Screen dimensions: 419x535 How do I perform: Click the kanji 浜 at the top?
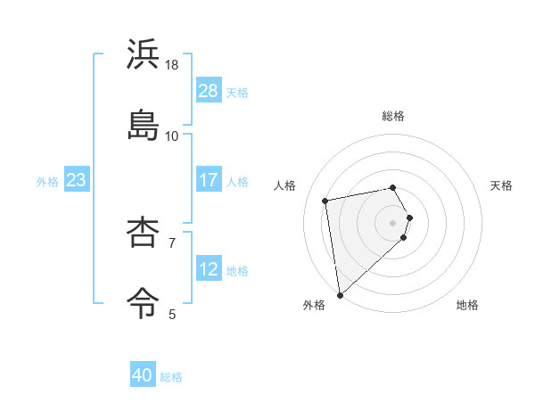coord(144,55)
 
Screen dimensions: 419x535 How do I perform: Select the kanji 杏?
coord(144,234)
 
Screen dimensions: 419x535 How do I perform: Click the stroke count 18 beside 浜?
coord(172,66)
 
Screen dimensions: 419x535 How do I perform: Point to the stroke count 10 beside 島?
coord(172,136)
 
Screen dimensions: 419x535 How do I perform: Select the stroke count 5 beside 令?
coord(172,313)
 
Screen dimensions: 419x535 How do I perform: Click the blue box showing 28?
coord(208,91)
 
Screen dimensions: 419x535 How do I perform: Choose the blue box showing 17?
coord(208,180)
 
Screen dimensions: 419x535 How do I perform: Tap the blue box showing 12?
coord(208,269)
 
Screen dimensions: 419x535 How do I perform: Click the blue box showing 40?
coord(143,376)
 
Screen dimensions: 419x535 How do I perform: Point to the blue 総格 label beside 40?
coord(171,377)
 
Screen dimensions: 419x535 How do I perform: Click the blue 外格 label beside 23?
coord(47,182)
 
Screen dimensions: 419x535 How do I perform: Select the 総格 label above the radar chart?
coord(393,116)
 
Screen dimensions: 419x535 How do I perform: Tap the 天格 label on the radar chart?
coord(501,185)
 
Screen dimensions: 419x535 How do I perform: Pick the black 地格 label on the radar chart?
coord(467,305)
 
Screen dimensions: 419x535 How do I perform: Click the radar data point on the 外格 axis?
coord(340,294)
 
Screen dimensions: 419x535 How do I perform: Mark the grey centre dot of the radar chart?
coord(393,222)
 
